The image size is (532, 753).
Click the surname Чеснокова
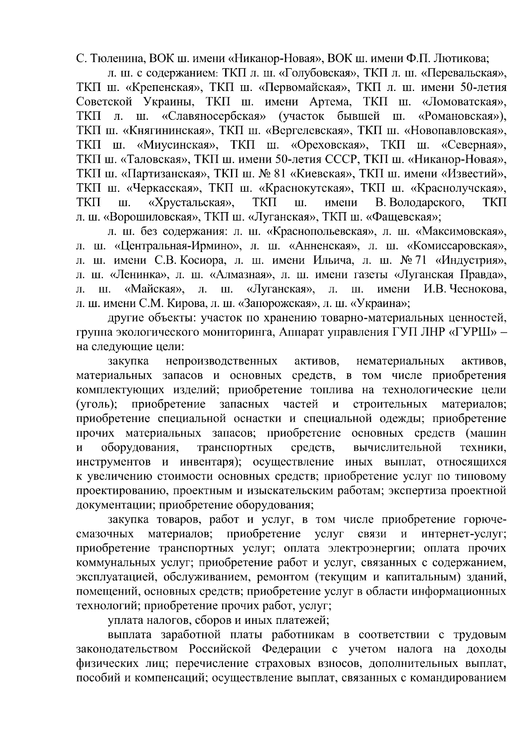click(474, 289)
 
